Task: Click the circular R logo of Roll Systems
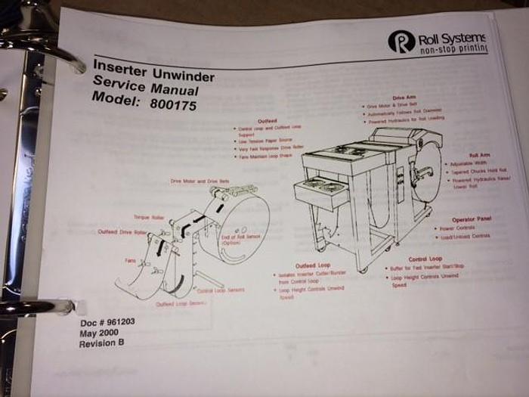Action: (x=401, y=42)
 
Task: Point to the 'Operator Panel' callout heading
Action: (x=472, y=219)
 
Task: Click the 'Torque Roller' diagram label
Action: (x=149, y=217)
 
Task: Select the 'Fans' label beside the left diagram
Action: (x=129, y=259)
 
